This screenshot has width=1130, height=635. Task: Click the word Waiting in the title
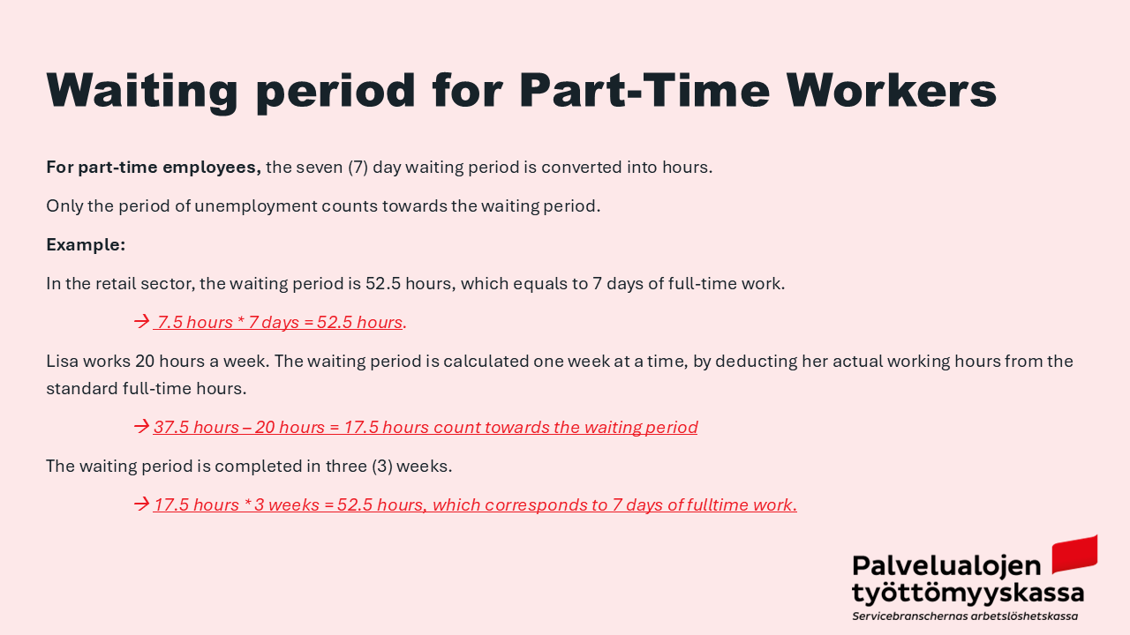(142, 91)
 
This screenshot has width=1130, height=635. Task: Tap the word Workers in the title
(892, 90)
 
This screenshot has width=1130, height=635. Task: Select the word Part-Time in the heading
(644, 90)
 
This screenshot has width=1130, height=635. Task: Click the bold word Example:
(86, 245)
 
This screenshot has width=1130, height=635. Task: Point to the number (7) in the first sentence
(358, 168)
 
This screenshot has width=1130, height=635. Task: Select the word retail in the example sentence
(116, 284)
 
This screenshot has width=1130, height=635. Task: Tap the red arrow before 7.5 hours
(142, 322)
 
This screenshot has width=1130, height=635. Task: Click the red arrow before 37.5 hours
(142, 426)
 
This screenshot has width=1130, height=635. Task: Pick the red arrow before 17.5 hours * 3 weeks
(142, 504)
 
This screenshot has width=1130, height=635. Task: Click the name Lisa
(62, 362)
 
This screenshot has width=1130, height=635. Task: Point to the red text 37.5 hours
(196, 428)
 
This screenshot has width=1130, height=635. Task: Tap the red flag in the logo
(1074, 555)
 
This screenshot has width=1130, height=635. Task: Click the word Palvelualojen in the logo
(946, 566)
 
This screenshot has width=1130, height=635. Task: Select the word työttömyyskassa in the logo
(968, 594)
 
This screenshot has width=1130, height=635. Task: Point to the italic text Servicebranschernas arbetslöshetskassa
(965, 616)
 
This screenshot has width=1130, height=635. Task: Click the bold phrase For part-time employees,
(154, 168)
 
